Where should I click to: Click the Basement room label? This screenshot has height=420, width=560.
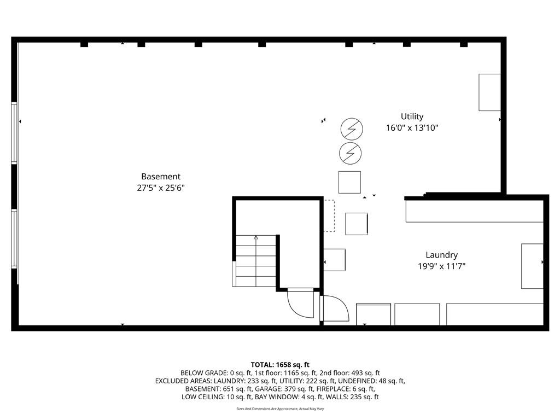tap(161, 177)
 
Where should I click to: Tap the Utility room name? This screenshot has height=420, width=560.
tap(412, 116)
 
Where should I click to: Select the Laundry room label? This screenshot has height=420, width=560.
tap(441, 255)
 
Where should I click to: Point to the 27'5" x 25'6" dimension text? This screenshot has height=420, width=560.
tap(161, 188)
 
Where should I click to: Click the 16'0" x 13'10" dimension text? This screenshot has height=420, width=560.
tap(412, 128)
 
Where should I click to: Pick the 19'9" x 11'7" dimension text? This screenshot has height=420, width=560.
tap(441, 266)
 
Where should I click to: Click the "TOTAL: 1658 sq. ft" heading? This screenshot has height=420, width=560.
tap(280, 365)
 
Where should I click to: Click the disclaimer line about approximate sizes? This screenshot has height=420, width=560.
tap(280, 409)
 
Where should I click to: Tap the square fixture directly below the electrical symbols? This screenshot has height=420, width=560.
tap(349, 182)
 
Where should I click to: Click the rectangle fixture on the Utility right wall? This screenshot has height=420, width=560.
tap(489, 92)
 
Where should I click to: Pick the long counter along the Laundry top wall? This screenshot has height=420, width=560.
tap(475, 212)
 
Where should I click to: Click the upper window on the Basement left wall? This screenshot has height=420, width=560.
tap(14, 132)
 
